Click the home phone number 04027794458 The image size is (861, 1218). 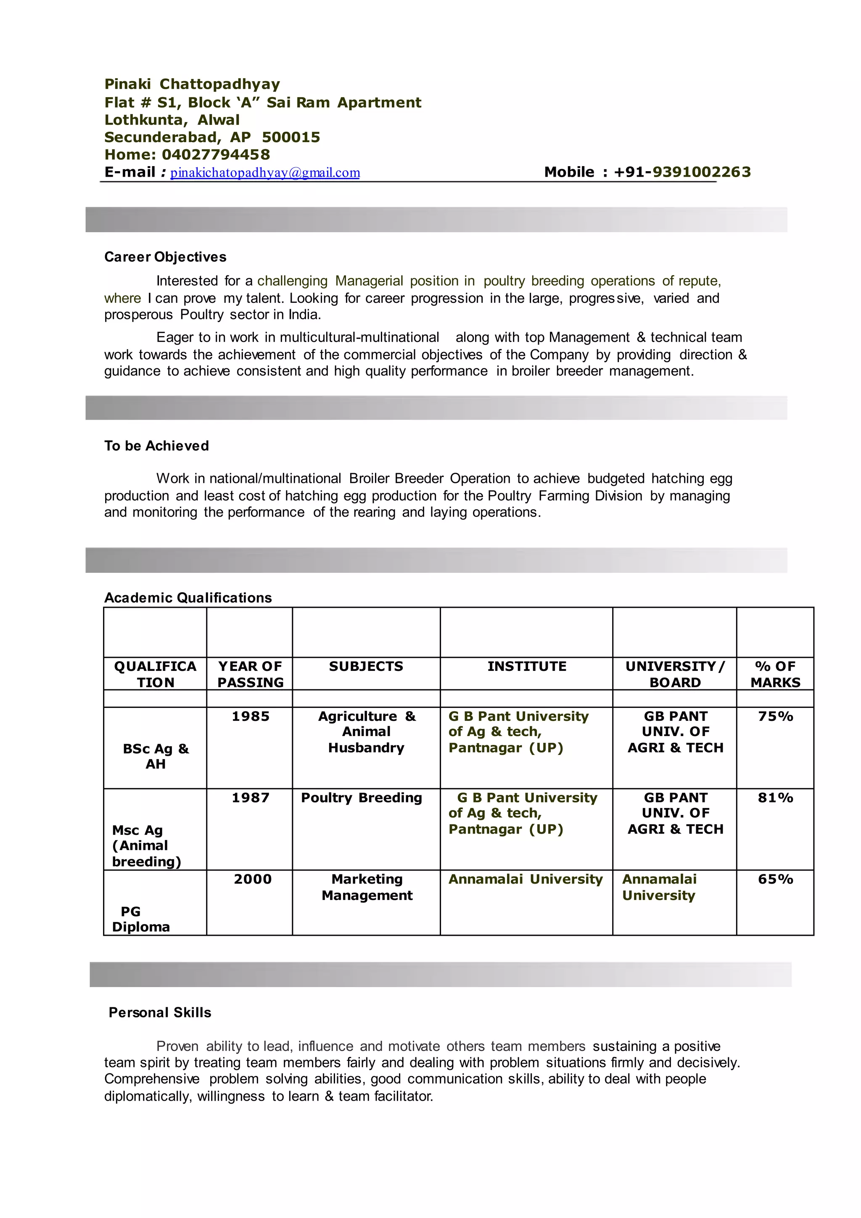(x=216, y=155)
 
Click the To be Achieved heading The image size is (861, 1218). (x=156, y=446)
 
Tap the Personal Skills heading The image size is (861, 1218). (x=160, y=1013)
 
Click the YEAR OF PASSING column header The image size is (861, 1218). (x=250, y=674)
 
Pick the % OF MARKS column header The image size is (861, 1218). (x=775, y=674)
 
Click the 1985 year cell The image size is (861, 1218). (x=250, y=717)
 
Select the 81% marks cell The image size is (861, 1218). (x=775, y=798)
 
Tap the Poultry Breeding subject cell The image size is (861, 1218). (x=361, y=798)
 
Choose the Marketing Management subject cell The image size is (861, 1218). (x=367, y=887)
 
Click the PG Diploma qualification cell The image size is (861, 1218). (x=140, y=919)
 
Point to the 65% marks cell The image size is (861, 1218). (x=775, y=879)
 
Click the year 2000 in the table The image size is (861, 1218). (x=252, y=879)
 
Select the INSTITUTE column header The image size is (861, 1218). (x=526, y=666)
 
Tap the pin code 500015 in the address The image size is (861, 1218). (x=291, y=138)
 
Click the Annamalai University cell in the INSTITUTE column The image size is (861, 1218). (x=526, y=879)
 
